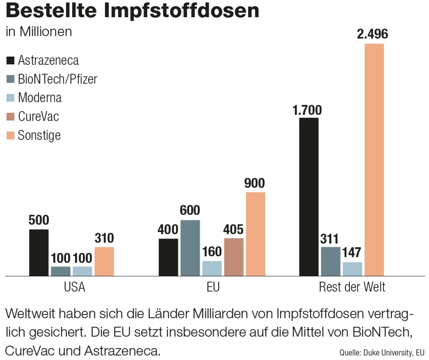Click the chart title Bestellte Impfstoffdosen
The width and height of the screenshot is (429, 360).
pos(132,11)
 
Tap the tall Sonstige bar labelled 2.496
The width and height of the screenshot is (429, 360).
pos(374,159)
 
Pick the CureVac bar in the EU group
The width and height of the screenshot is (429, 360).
pos(234,257)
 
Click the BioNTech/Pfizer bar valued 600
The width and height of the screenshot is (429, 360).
pos(190,248)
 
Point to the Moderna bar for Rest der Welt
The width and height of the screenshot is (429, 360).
pos(352,269)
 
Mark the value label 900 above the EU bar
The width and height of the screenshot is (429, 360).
pos(255,184)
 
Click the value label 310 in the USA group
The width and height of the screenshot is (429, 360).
pos(104,239)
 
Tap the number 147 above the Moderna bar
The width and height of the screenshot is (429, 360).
pos(352,253)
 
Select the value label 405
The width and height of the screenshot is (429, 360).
pos(233,230)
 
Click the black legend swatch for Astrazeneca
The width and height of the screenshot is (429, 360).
pos(10,60)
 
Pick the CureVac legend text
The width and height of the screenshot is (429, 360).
pos(38,116)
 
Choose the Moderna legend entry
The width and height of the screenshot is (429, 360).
pos(39,97)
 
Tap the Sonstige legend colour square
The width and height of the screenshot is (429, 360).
pos(10,135)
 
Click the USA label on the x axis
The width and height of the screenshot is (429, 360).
pos(74,287)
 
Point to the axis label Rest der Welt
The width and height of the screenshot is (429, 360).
pos(352,287)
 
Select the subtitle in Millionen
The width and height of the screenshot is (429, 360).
pos(39,32)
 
